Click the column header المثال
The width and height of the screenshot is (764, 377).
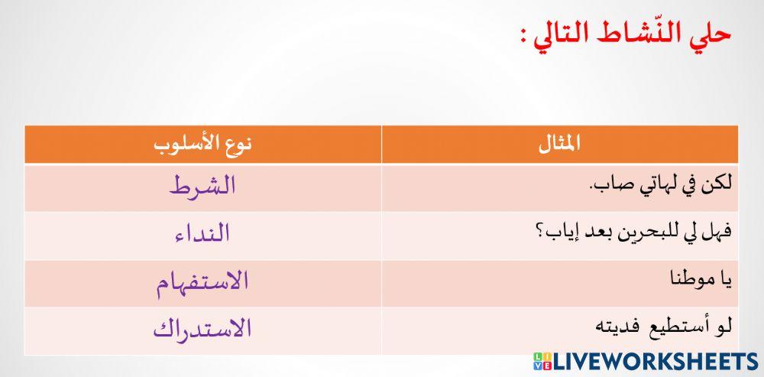pyautogui.click(x=559, y=144)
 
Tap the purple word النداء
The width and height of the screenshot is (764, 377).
pyautogui.click(x=202, y=234)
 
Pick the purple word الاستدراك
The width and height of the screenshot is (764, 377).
pyautogui.click(x=202, y=330)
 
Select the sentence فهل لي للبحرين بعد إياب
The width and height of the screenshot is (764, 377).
pyautogui.click(x=646, y=233)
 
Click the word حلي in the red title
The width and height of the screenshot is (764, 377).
pyautogui.click(x=712, y=36)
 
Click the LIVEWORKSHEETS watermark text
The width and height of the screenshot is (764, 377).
pyautogui.click(x=656, y=362)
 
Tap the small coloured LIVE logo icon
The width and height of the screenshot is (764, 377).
pyautogui.click(x=542, y=362)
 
